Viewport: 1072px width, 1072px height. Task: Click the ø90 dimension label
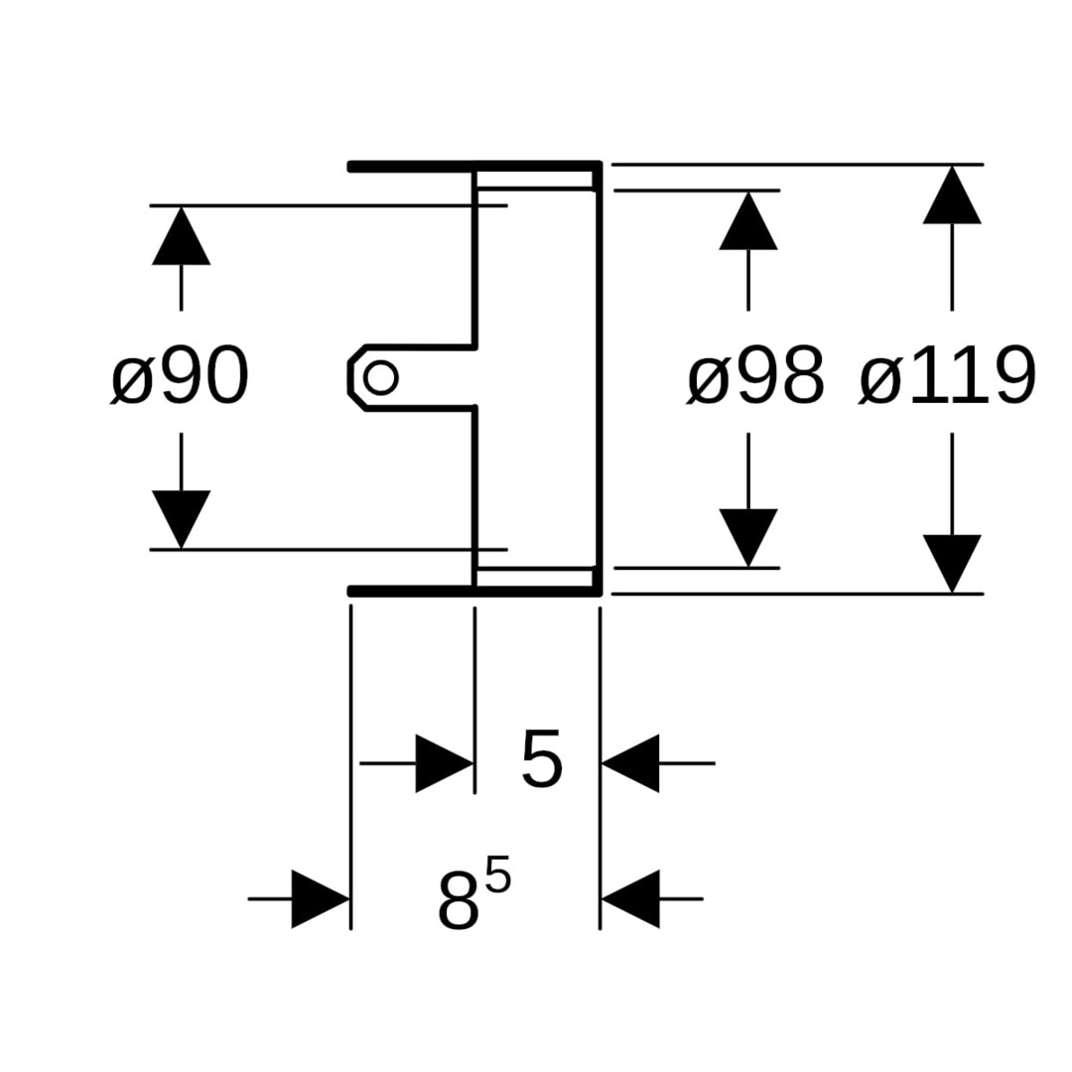[x=180, y=377]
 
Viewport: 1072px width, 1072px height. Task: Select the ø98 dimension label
[x=755, y=377]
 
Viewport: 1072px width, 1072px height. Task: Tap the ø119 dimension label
[x=947, y=377]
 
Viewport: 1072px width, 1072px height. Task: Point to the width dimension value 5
[x=541, y=760]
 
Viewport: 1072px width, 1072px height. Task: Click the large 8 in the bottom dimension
[x=458, y=900]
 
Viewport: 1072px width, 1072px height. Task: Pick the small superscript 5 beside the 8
[x=498, y=878]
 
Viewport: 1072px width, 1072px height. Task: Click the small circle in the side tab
[x=381, y=377]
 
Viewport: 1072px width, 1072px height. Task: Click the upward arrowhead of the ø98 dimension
[x=747, y=221]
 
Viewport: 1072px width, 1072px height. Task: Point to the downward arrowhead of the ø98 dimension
[x=747, y=536]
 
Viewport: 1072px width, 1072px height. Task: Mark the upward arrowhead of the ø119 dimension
[x=952, y=196]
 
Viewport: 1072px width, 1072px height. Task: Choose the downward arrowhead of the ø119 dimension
[x=952, y=563]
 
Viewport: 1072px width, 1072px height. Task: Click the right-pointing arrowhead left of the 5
[x=444, y=763]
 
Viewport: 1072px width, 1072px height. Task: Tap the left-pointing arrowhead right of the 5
[x=630, y=763]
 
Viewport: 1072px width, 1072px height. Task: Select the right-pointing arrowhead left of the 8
[x=320, y=899]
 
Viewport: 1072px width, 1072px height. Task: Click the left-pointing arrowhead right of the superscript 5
[x=630, y=899]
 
